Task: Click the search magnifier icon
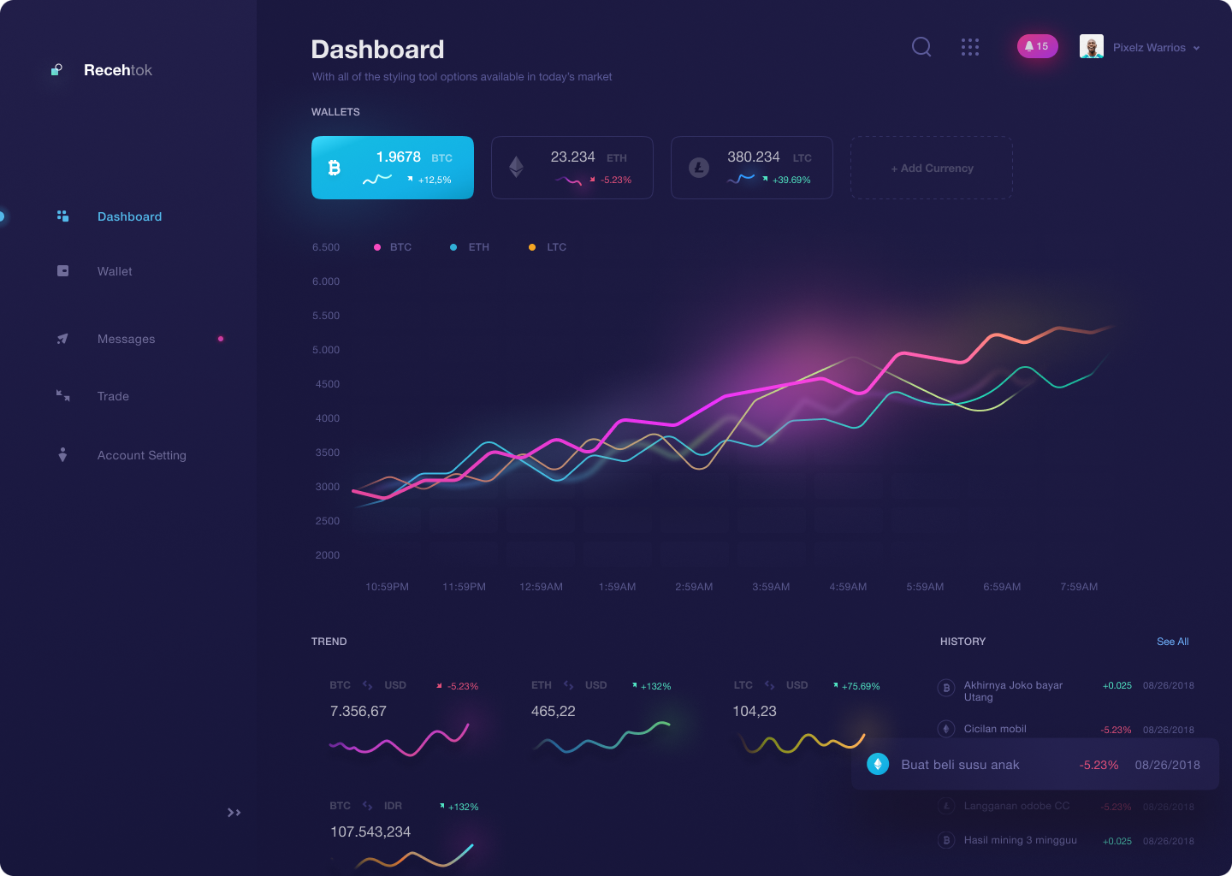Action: tap(921, 47)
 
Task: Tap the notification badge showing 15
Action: tap(1037, 46)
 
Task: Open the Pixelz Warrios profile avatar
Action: tap(1092, 46)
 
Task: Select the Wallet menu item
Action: tap(115, 271)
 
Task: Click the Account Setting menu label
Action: tap(142, 455)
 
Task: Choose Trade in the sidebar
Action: tap(113, 396)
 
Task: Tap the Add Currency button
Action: tap(932, 169)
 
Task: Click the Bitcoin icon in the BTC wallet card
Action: tap(335, 168)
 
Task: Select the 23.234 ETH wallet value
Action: tap(572, 157)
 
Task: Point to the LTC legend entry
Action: tap(556, 247)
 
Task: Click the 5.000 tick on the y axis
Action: tap(326, 350)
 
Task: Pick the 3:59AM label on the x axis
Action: tap(771, 587)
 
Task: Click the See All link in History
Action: tap(1172, 642)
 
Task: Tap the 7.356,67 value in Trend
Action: tap(358, 711)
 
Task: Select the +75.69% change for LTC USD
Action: tap(860, 686)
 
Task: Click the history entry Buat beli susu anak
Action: tap(960, 765)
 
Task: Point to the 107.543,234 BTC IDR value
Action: tap(370, 832)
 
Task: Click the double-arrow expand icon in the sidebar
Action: tap(234, 813)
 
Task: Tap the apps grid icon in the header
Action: tap(969, 47)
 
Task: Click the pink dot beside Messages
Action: tap(221, 339)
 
